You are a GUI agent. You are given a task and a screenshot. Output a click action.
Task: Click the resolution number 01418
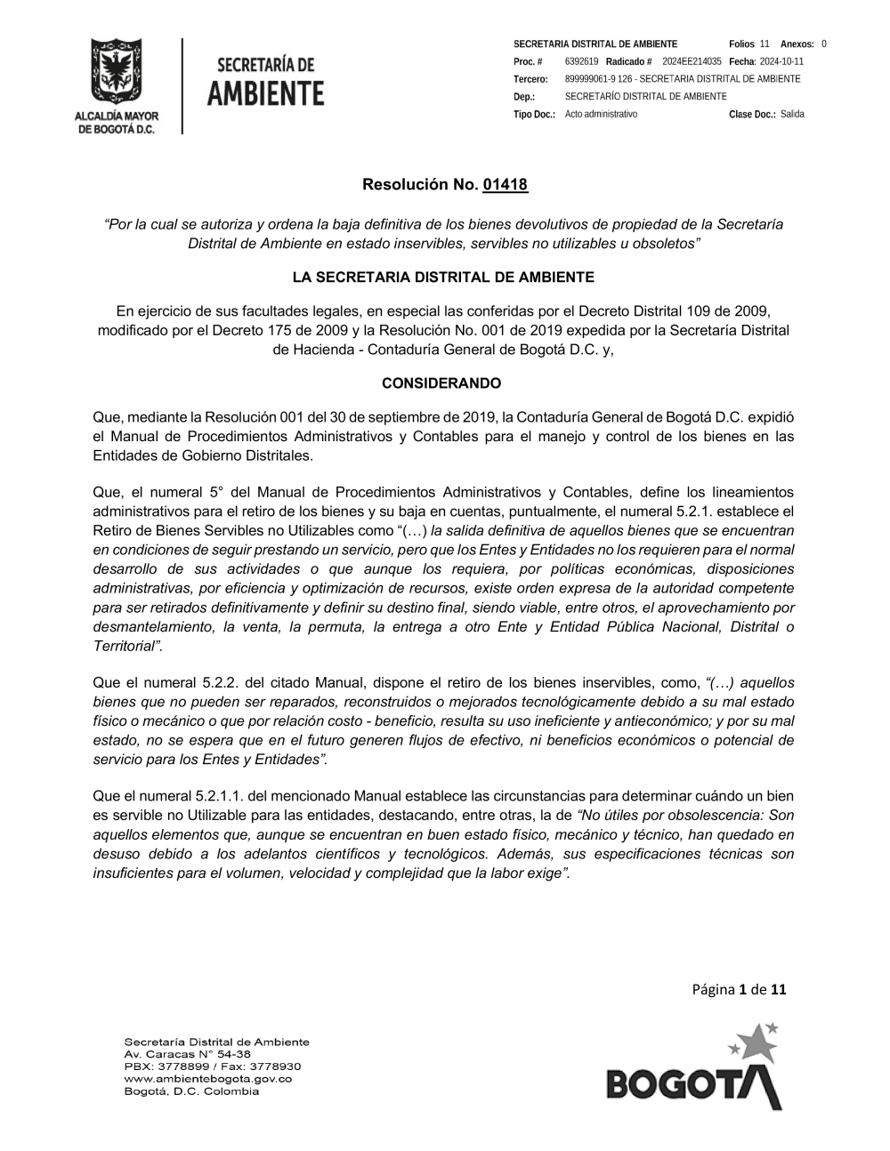point(505,185)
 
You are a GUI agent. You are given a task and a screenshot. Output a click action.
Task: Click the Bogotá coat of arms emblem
point(116,72)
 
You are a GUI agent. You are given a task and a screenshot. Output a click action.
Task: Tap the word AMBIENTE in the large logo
point(265,93)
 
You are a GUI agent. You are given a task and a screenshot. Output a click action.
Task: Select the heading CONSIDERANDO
point(441,383)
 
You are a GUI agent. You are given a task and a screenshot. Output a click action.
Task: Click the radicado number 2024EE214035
point(692,61)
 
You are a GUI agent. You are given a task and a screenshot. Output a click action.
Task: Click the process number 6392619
point(581,61)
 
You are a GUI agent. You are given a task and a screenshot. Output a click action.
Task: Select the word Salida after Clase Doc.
point(792,115)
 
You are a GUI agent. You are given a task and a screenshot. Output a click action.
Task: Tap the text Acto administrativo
point(601,115)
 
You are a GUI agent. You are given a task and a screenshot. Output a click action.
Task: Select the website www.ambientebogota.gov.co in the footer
point(207,1079)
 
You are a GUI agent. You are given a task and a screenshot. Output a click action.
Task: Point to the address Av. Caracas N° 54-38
point(187,1054)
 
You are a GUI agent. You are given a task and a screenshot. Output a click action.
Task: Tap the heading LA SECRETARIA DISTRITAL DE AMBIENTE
point(443,278)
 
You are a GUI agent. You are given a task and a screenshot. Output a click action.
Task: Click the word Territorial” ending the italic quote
point(127,646)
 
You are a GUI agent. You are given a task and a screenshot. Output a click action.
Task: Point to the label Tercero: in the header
point(530,79)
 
